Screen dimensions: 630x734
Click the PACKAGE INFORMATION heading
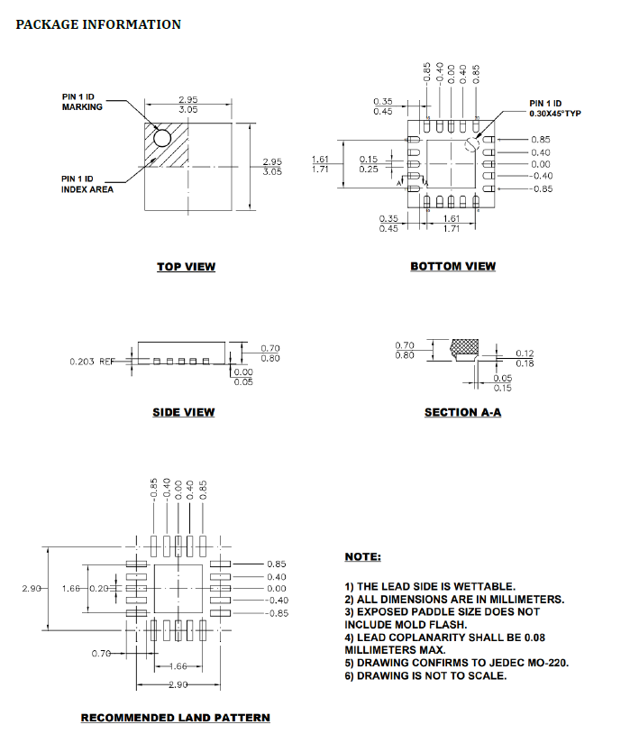click(98, 24)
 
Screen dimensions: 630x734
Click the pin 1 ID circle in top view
click(162, 138)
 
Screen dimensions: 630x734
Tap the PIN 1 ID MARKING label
click(82, 102)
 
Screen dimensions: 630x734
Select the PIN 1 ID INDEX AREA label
click(87, 184)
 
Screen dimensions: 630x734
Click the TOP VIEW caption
click(187, 266)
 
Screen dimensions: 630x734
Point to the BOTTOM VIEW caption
click(453, 266)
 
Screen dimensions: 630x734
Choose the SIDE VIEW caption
click(184, 412)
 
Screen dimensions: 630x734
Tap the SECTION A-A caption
click(463, 412)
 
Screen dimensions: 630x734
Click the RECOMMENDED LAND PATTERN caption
click(176, 718)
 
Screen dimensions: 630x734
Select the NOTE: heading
click(362, 556)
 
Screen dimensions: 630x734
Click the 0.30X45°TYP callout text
click(555, 114)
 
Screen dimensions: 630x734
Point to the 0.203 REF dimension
click(92, 362)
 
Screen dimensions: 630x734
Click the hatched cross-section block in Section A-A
click(464, 346)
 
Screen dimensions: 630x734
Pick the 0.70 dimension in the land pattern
click(101, 653)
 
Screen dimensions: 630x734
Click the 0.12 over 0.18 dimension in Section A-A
click(525, 358)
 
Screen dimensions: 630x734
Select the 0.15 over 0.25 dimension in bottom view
click(369, 164)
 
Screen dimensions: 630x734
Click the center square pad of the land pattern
click(178, 589)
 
